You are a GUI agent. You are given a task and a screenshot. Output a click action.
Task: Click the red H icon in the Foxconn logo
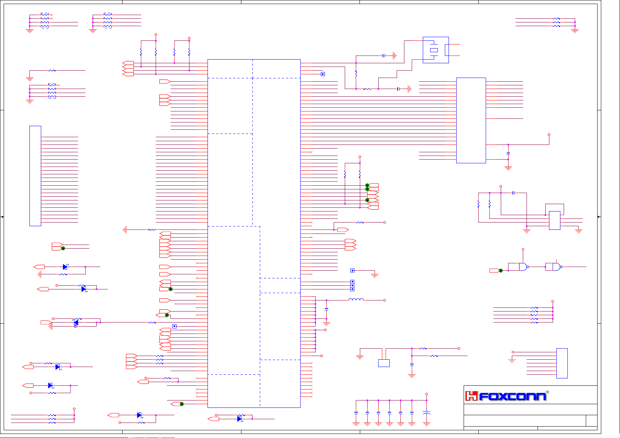471,396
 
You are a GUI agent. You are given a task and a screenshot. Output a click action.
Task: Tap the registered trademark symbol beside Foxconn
548,392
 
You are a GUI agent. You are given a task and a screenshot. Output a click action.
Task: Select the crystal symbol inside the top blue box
434,50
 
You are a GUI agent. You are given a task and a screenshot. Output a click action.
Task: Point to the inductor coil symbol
356,300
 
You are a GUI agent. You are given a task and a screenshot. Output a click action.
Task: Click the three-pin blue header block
352,285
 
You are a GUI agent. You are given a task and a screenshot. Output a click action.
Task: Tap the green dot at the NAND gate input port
500,271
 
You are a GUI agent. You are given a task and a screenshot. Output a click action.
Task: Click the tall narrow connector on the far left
35,176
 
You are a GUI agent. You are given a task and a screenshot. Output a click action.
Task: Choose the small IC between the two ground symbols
555,220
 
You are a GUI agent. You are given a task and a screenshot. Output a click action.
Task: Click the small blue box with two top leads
384,363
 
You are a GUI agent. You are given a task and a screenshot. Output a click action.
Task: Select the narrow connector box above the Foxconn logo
562,363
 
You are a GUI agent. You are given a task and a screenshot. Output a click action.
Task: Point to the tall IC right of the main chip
471,120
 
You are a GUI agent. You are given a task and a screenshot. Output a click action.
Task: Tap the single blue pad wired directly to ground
352,271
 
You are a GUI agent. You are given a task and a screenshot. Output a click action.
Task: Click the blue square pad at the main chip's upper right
323,74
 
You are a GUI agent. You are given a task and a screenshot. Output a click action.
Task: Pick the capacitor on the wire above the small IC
514,193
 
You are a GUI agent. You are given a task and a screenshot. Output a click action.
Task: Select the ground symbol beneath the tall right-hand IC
508,168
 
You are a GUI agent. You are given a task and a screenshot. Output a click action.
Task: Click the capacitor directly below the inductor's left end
326,309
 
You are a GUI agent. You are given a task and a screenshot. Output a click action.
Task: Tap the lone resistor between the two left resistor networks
52,70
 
